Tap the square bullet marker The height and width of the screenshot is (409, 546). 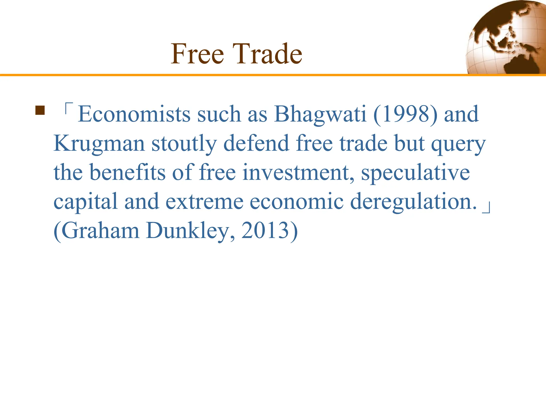(40, 110)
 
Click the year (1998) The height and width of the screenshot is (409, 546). (405, 114)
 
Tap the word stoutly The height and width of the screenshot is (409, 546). (184, 144)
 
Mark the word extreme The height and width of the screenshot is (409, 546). (204, 202)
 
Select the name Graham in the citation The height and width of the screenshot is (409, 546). (100, 231)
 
